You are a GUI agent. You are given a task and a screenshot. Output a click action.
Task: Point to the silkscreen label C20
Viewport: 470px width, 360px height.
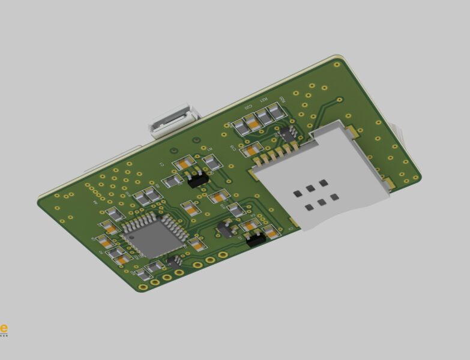(x=247, y=107)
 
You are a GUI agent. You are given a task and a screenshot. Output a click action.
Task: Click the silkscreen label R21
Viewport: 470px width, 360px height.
(x=263, y=100)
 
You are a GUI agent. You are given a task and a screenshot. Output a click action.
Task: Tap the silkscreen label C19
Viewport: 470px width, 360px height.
(x=233, y=148)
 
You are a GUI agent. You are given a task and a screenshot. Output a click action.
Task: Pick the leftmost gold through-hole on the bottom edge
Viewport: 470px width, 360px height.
(x=143, y=286)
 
